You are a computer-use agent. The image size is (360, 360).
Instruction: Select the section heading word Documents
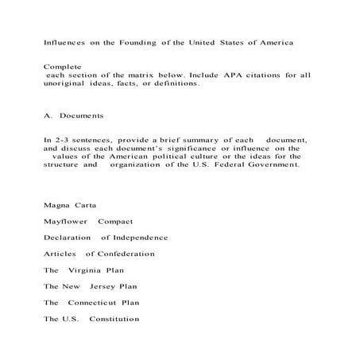pyautogui.click(x=82, y=114)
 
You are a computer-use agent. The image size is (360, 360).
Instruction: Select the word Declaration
pyautogui.click(x=69, y=237)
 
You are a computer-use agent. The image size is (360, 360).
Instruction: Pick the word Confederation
pyautogui.click(x=126, y=254)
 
